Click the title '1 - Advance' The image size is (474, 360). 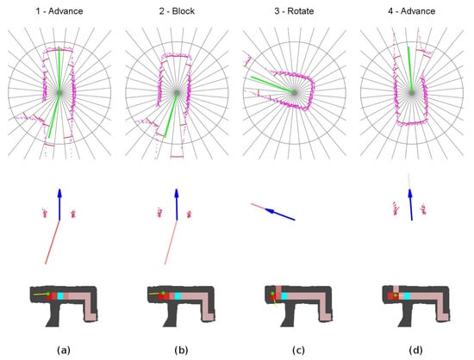[59, 11]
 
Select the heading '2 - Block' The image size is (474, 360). [177, 11]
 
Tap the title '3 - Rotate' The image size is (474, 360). [294, 11]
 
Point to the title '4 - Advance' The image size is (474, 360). [411, 11]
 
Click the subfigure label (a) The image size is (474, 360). [64, 351]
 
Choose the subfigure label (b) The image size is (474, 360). [181, 351]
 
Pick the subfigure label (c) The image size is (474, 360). [298, 351]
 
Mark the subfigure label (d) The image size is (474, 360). [415, 351]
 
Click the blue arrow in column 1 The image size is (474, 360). [59, 204]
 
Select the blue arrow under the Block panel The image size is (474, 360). [177, 204]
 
